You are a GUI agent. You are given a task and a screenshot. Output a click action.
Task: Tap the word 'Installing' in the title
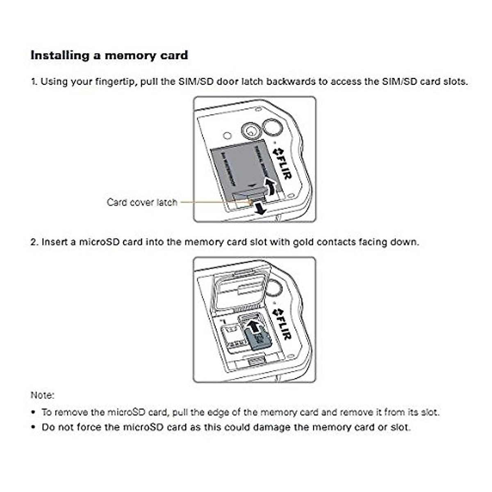coord(60,55)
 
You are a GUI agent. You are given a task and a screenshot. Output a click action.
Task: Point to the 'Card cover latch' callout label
coord(142,202)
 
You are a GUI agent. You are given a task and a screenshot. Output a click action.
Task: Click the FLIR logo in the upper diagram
coord(282,163)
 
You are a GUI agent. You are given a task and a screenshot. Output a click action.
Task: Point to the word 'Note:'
coord(42,395)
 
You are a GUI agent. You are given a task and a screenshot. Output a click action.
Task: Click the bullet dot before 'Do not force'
coord(33,427)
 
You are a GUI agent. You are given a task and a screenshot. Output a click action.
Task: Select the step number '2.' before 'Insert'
coord(34,242)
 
